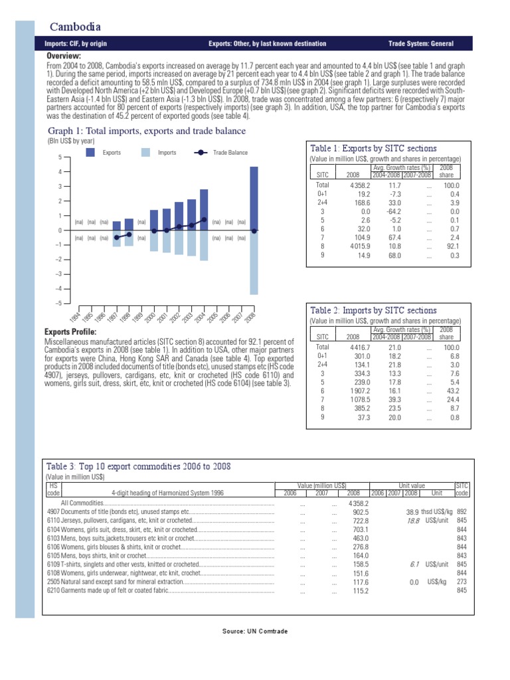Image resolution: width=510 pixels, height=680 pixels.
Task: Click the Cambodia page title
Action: tap(76, 27)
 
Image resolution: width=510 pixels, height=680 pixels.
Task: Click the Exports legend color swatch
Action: tap(92, 153)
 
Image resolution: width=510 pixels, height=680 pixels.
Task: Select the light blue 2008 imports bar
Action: tap(254, 262)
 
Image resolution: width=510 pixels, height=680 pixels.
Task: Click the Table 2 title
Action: tap(364, 310)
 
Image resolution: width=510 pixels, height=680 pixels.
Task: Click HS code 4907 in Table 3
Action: tap(54, 512)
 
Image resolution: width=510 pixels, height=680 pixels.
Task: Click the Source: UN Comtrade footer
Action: tap(255, 631)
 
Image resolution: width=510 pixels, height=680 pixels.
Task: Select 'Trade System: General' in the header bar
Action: tap(420, 44)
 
